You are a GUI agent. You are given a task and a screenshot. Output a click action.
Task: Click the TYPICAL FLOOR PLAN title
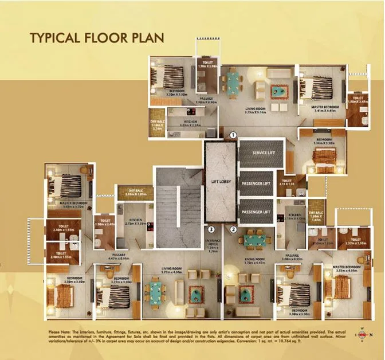(97, 38)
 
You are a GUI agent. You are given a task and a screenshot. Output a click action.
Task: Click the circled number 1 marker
(233, 135)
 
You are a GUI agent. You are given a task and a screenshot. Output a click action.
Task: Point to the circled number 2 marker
(233, 229)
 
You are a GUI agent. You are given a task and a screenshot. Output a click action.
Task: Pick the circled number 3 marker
(211, 229)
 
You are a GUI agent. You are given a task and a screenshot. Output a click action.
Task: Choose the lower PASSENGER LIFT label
(256, 212)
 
